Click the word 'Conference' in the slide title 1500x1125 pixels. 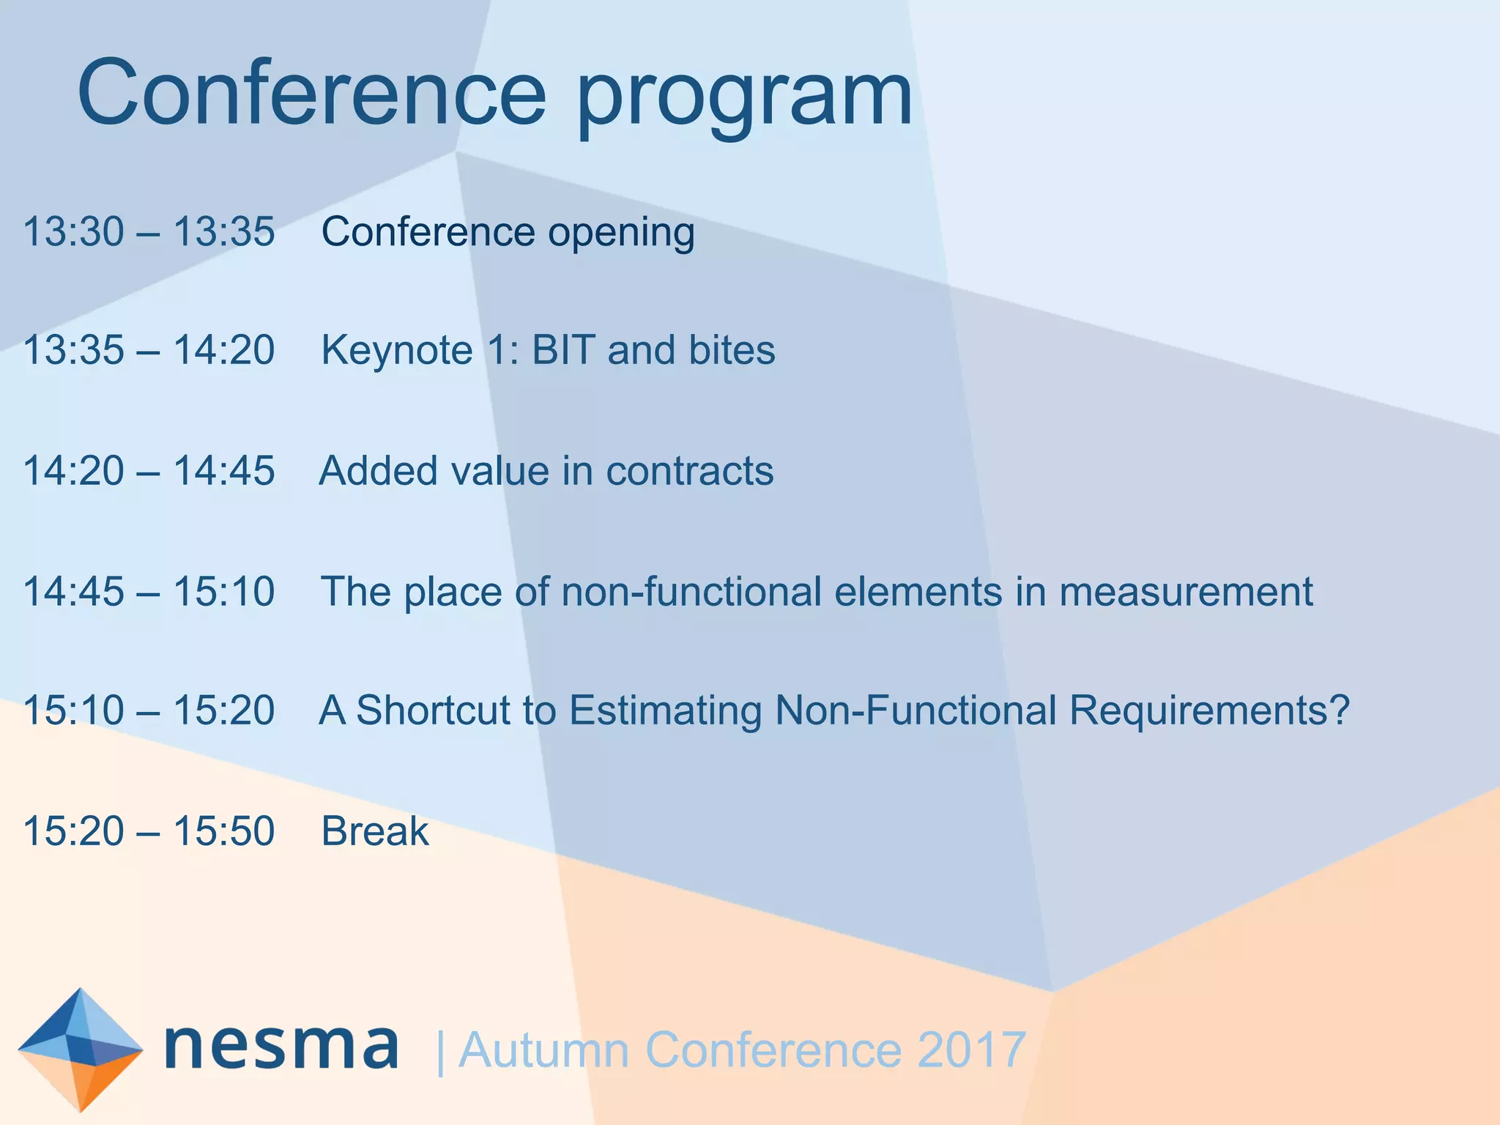click(x=311, y=93)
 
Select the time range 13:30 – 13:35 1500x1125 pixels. click(x=149, y=231)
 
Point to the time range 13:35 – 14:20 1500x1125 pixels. click(x=149, y=350)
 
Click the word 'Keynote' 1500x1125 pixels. click(x=397, y=350)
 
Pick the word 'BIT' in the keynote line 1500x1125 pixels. click(x=562, y=350)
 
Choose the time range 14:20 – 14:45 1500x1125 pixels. click(x=149, y=471)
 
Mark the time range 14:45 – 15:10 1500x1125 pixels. click(x=149, y=592)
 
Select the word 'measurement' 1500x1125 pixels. click(x=1186, y=592)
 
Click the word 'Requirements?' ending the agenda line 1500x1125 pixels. click(x=1208, y=712)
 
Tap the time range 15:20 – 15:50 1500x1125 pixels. click(x=149, y=831)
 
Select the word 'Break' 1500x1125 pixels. click(x=375, y=831)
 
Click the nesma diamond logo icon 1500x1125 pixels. click(x=80, y=1050)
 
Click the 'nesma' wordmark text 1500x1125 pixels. click(x=282, y=1047)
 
